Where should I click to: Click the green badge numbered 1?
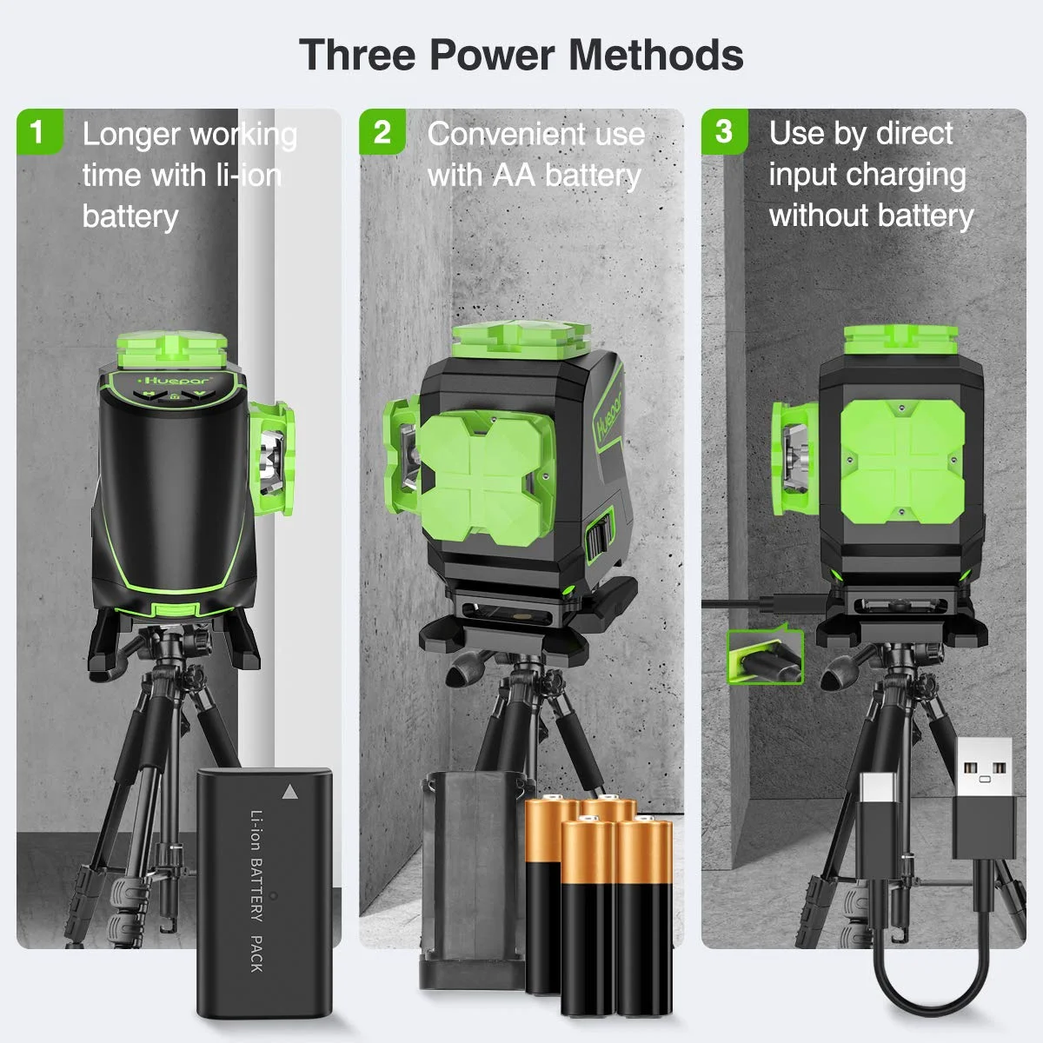point(37,131)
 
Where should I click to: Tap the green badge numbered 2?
point(382,132)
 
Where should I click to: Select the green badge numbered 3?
point(723,131)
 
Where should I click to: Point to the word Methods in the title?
point(656,54)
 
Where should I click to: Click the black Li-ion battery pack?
point(263,891)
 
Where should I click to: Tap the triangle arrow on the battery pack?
point(289,792)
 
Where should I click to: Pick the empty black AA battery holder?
point(469,878)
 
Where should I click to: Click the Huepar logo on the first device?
point(169,380)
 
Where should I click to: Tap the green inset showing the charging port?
point(765,656)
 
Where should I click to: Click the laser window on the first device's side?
point(271,452)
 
